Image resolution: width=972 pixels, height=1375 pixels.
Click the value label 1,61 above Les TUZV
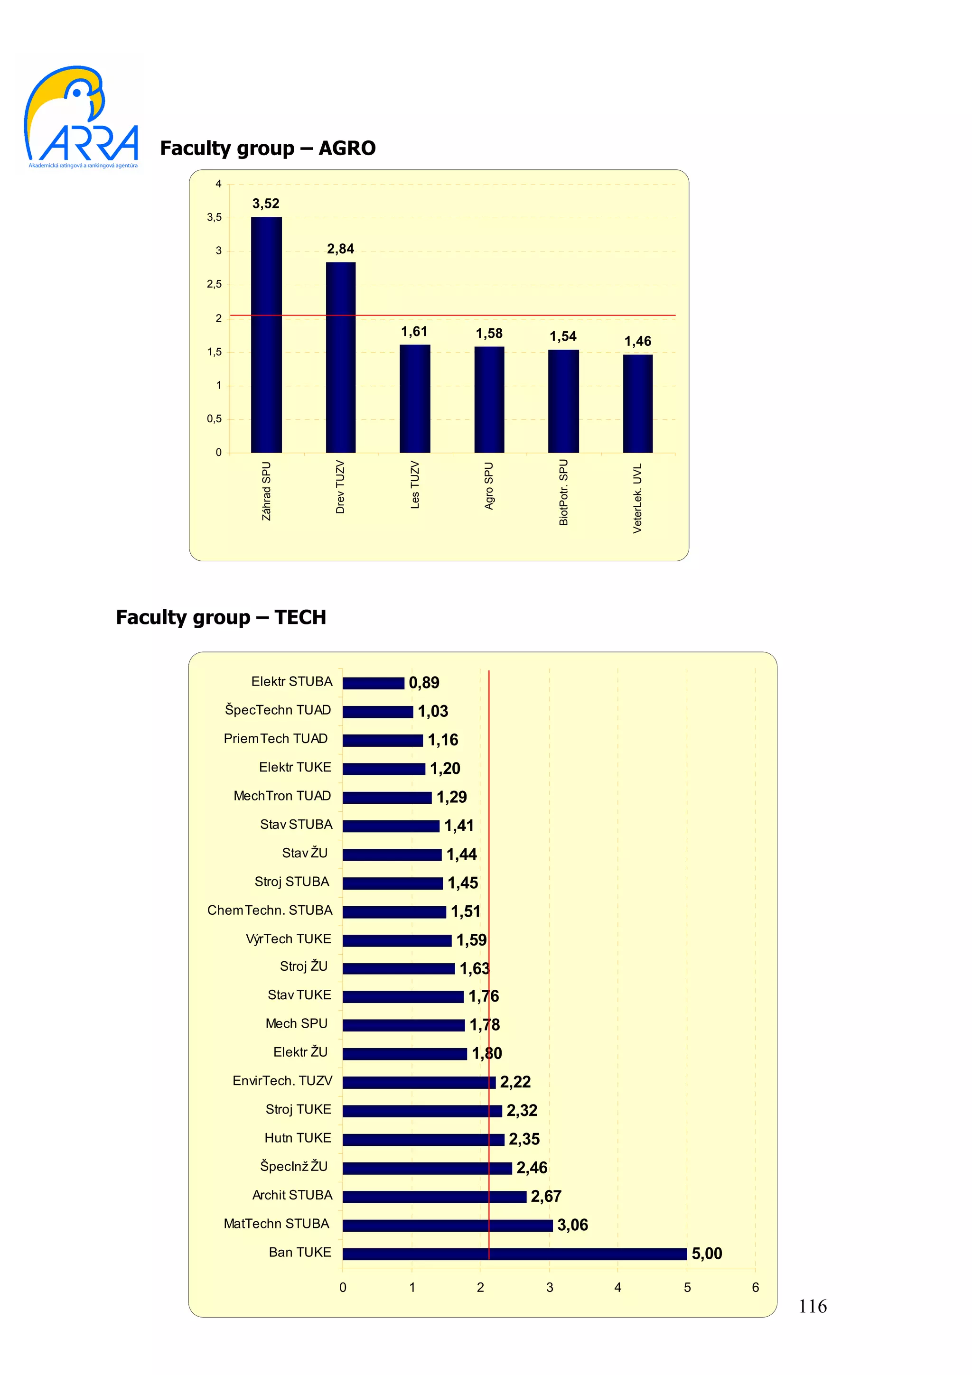pyautogui.click(x=414, y=332)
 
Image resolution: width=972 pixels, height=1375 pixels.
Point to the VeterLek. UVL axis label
pyautogui.click(x=637, y=498)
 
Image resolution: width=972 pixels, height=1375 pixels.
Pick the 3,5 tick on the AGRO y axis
pyautogui.click(x=215, y=217)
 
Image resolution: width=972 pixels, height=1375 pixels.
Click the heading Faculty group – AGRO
pyautogui.click(x=268, y=148)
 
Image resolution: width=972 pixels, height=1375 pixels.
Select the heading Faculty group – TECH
pyautogui.click(x=221, y=617)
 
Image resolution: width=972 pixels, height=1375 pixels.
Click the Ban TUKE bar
pyautogui.click(x=514, y=1254)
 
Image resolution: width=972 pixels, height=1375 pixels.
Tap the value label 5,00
pyautogui.click(x=707, y=1254)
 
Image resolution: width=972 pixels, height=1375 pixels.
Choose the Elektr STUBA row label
pyautogui.click(x=292, y=681)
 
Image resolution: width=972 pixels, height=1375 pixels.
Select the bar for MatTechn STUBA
pyautogui.click(x=448, y=1225)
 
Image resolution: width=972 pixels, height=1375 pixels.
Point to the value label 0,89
pyautogui.click(x=424, y=683)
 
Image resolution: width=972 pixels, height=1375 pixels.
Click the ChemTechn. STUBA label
pyautogui.click(x=270, y=910)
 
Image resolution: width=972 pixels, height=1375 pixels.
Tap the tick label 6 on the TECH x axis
pyautogui.click(x=755, y=1288)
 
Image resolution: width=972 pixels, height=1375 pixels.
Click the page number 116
pyautogui.click(x=812, y=1306)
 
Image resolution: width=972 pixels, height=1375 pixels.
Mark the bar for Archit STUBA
pyautogui.click(x=434, y=1197)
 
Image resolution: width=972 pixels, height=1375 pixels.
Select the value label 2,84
pyautogui.click(x=340, y=249)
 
